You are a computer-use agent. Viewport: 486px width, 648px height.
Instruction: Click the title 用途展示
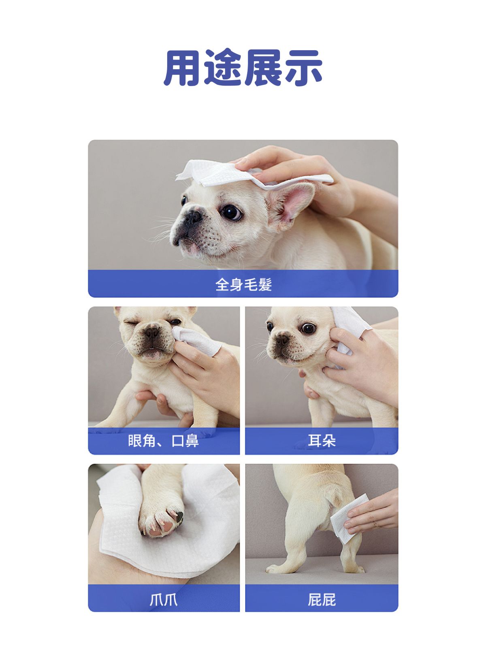tap(243, 68)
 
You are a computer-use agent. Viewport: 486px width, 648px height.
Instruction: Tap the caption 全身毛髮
tap(243, 285)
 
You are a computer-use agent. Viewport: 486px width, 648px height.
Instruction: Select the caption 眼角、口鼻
tap(164, 441)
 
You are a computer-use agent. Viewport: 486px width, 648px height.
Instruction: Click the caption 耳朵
tap(322, 441)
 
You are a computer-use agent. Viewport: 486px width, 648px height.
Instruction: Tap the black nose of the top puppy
tap(192, 217)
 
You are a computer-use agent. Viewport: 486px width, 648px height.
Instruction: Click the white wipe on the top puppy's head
tap(251, 174)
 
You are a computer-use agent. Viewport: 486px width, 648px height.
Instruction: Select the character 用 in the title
tap(182, 68)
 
